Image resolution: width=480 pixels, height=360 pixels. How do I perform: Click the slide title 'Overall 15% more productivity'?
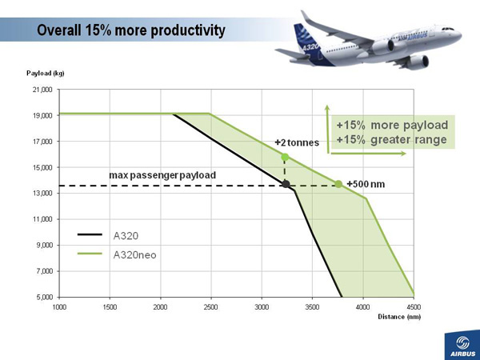[x=131, y=30]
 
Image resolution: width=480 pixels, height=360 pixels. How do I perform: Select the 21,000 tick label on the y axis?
[x=41, y=90]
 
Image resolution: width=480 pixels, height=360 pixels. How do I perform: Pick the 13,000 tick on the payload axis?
[x=41, y=194]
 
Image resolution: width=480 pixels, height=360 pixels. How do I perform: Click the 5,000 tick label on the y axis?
[x=43, y=297]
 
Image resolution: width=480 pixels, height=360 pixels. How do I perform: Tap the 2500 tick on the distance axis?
[x=210, y=306]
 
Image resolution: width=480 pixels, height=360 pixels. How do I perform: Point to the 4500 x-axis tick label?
[x=413, y=306]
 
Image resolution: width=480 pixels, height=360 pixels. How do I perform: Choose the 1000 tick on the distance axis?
[x=60, y=306]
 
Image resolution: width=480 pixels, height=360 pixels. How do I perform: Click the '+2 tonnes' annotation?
[x=297, y=142]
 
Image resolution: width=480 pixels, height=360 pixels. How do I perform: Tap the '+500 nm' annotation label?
[x=366, y=185]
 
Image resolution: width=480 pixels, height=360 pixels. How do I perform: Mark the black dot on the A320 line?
[x=286, y=185]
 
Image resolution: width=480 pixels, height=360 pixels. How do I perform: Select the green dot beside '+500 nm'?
[x=338, y=184]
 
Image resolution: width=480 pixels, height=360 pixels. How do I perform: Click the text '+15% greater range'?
[x=391, y=139]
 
